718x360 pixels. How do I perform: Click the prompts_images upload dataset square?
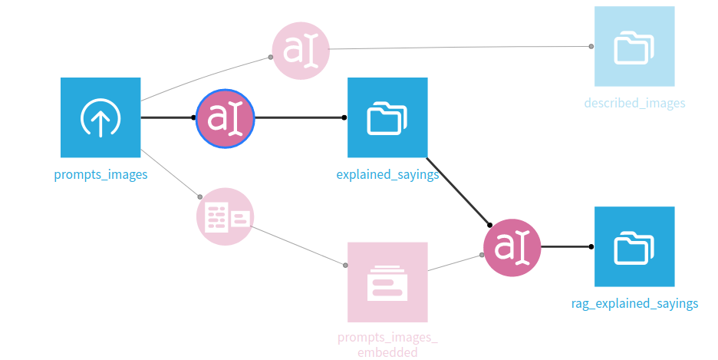[x=100, y=117]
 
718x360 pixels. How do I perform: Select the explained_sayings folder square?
[x=387, y=117]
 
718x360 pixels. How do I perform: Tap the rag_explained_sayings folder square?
[x=634, y=246]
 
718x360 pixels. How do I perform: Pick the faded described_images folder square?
[x=634, y=46]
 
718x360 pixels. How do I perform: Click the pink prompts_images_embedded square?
[x=387, y=282]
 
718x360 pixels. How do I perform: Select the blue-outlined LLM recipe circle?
[x=225, y=117]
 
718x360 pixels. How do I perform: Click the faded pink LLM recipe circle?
[x=301, y=51]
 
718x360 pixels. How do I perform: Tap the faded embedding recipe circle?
[x=224, y=216]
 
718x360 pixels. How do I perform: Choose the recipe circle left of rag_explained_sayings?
[x=512, y=247]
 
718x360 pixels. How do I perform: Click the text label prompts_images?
[x=100, y=174]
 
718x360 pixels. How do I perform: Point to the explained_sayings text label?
[x=387, y=174]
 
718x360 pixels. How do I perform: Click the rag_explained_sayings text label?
[x=634, y=303]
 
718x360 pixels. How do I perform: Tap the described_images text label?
[x=634, y=103]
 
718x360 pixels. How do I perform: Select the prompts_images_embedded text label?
[x=387, y=345]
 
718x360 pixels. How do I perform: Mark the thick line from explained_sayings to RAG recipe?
[x=459, y=192]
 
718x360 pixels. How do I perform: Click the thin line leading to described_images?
[x=460, y=48]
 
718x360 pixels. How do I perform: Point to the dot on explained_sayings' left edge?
[x=344, y=117]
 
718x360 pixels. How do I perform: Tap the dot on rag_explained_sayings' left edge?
[x=591, y=246]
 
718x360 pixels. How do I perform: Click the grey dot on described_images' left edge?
[x=591, y=46]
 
